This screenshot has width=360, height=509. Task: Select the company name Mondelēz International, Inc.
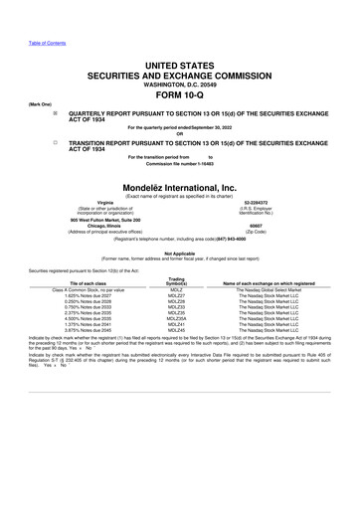click(x=179, y=187)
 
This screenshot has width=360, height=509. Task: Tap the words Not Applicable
click(x=179, y=253)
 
